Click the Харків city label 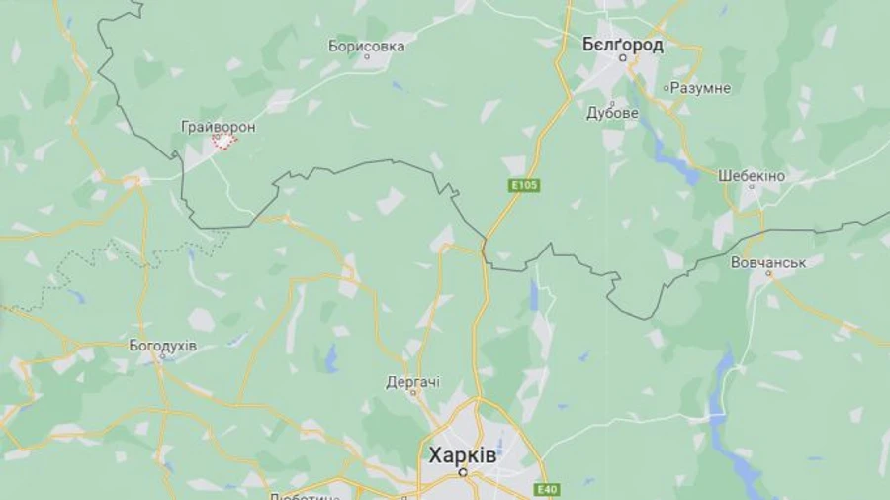coord(462,456)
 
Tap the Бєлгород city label coord(622,45)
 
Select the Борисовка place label coord(366,46)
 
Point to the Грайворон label coord(219,127)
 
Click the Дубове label coord(612,113)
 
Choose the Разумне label coord(700,88)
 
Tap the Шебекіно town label coord(752,175)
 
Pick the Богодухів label coord(162,346)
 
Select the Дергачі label coord(413,381)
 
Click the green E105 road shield coord(524,185)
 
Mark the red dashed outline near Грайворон coord(224,142)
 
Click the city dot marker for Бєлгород coord(623,58)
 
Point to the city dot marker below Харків coord(463,473)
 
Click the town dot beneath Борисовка coord(367,57)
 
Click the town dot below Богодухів coord(161,357)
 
